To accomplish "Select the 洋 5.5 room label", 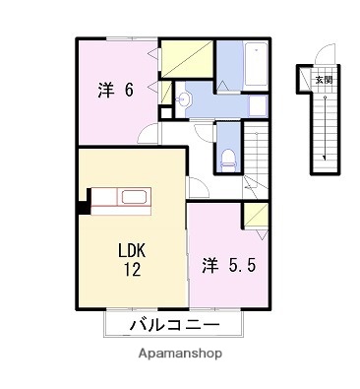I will click(x=233, y=265).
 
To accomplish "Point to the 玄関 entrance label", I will click(x=324, y=80).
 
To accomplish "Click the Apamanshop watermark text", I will click(x=179, y=353).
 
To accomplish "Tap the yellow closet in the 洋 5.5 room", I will click(x=257, y=215).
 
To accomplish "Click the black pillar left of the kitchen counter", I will click(x=83, y=207).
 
